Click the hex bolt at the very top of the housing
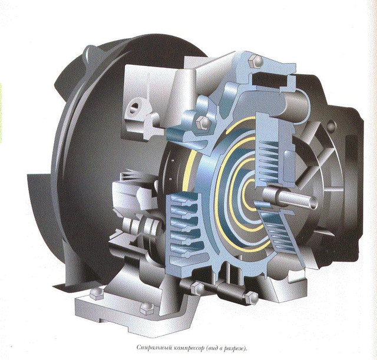point(256,61)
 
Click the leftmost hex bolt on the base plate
point(96,293)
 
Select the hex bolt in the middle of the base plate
point(147,309)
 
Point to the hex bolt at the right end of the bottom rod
point(252,298)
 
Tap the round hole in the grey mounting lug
point(135,107)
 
